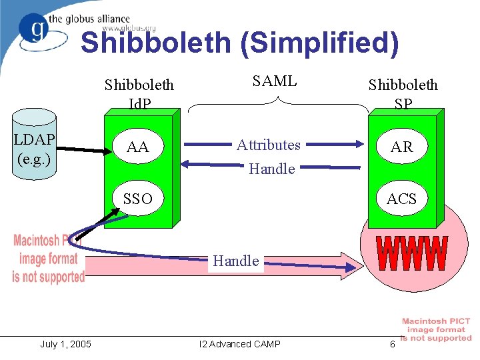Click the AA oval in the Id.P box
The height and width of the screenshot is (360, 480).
[137, 147]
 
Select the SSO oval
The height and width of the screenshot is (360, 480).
[137, 199]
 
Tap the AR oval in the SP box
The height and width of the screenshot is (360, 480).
[402, 147]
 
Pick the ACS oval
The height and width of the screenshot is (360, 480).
[402, 199]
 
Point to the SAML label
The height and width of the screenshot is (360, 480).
[275, 81]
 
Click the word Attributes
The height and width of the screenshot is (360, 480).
[269, 145]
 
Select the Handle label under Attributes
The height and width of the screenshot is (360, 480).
[271, 169]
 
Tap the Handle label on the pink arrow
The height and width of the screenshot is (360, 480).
[236, 261]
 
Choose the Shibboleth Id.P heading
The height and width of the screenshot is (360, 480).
[139, 94]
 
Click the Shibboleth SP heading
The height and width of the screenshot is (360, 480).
[403, 94]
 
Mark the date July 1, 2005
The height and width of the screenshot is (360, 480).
[66, 344]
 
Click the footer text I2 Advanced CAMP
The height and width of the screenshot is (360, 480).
[240, 344]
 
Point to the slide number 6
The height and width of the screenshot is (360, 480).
[393, 344]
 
